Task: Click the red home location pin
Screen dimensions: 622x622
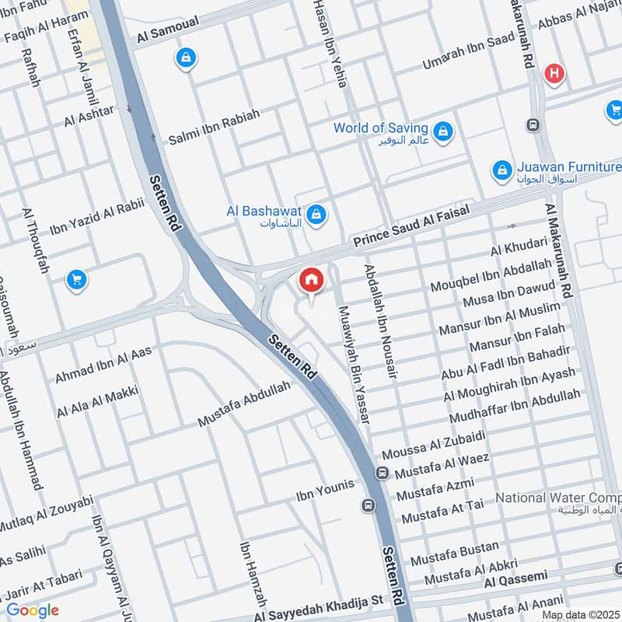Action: (311, 281)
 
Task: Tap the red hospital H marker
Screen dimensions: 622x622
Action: (554, 74)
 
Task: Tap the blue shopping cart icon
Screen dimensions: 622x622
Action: (76, 278)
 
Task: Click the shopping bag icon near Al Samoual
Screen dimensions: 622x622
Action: (186, 58)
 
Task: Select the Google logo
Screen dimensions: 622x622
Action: (32, 610)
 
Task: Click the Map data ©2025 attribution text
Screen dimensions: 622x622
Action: (581, 615)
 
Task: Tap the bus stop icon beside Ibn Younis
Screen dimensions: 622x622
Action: (368, 505)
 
